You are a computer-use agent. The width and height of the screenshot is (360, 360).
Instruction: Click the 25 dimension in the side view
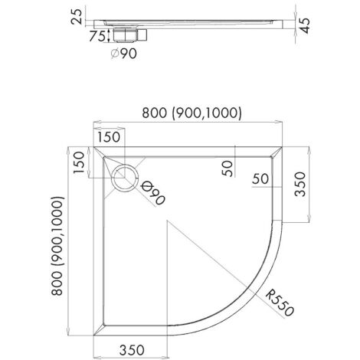[x=77, y=17]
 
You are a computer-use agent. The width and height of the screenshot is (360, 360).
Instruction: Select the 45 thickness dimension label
[x=304, y=25]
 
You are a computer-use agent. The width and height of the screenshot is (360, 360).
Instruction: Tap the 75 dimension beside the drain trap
[x=97, y=36]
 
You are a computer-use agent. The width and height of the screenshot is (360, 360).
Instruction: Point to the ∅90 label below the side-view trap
[x=124, y=54]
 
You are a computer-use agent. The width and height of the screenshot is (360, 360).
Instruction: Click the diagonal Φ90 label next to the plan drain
[x=152, y=193]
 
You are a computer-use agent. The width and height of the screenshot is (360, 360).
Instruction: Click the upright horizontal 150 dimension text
[x=109, y=137]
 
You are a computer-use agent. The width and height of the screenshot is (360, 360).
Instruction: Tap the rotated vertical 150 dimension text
[x=79, y=162]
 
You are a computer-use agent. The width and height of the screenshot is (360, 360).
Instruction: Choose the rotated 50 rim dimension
[x=227, y=169]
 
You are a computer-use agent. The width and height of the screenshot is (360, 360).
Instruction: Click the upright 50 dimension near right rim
[x=260, y=178]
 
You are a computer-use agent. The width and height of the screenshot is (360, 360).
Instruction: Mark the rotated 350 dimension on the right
[x=300, y=184]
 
